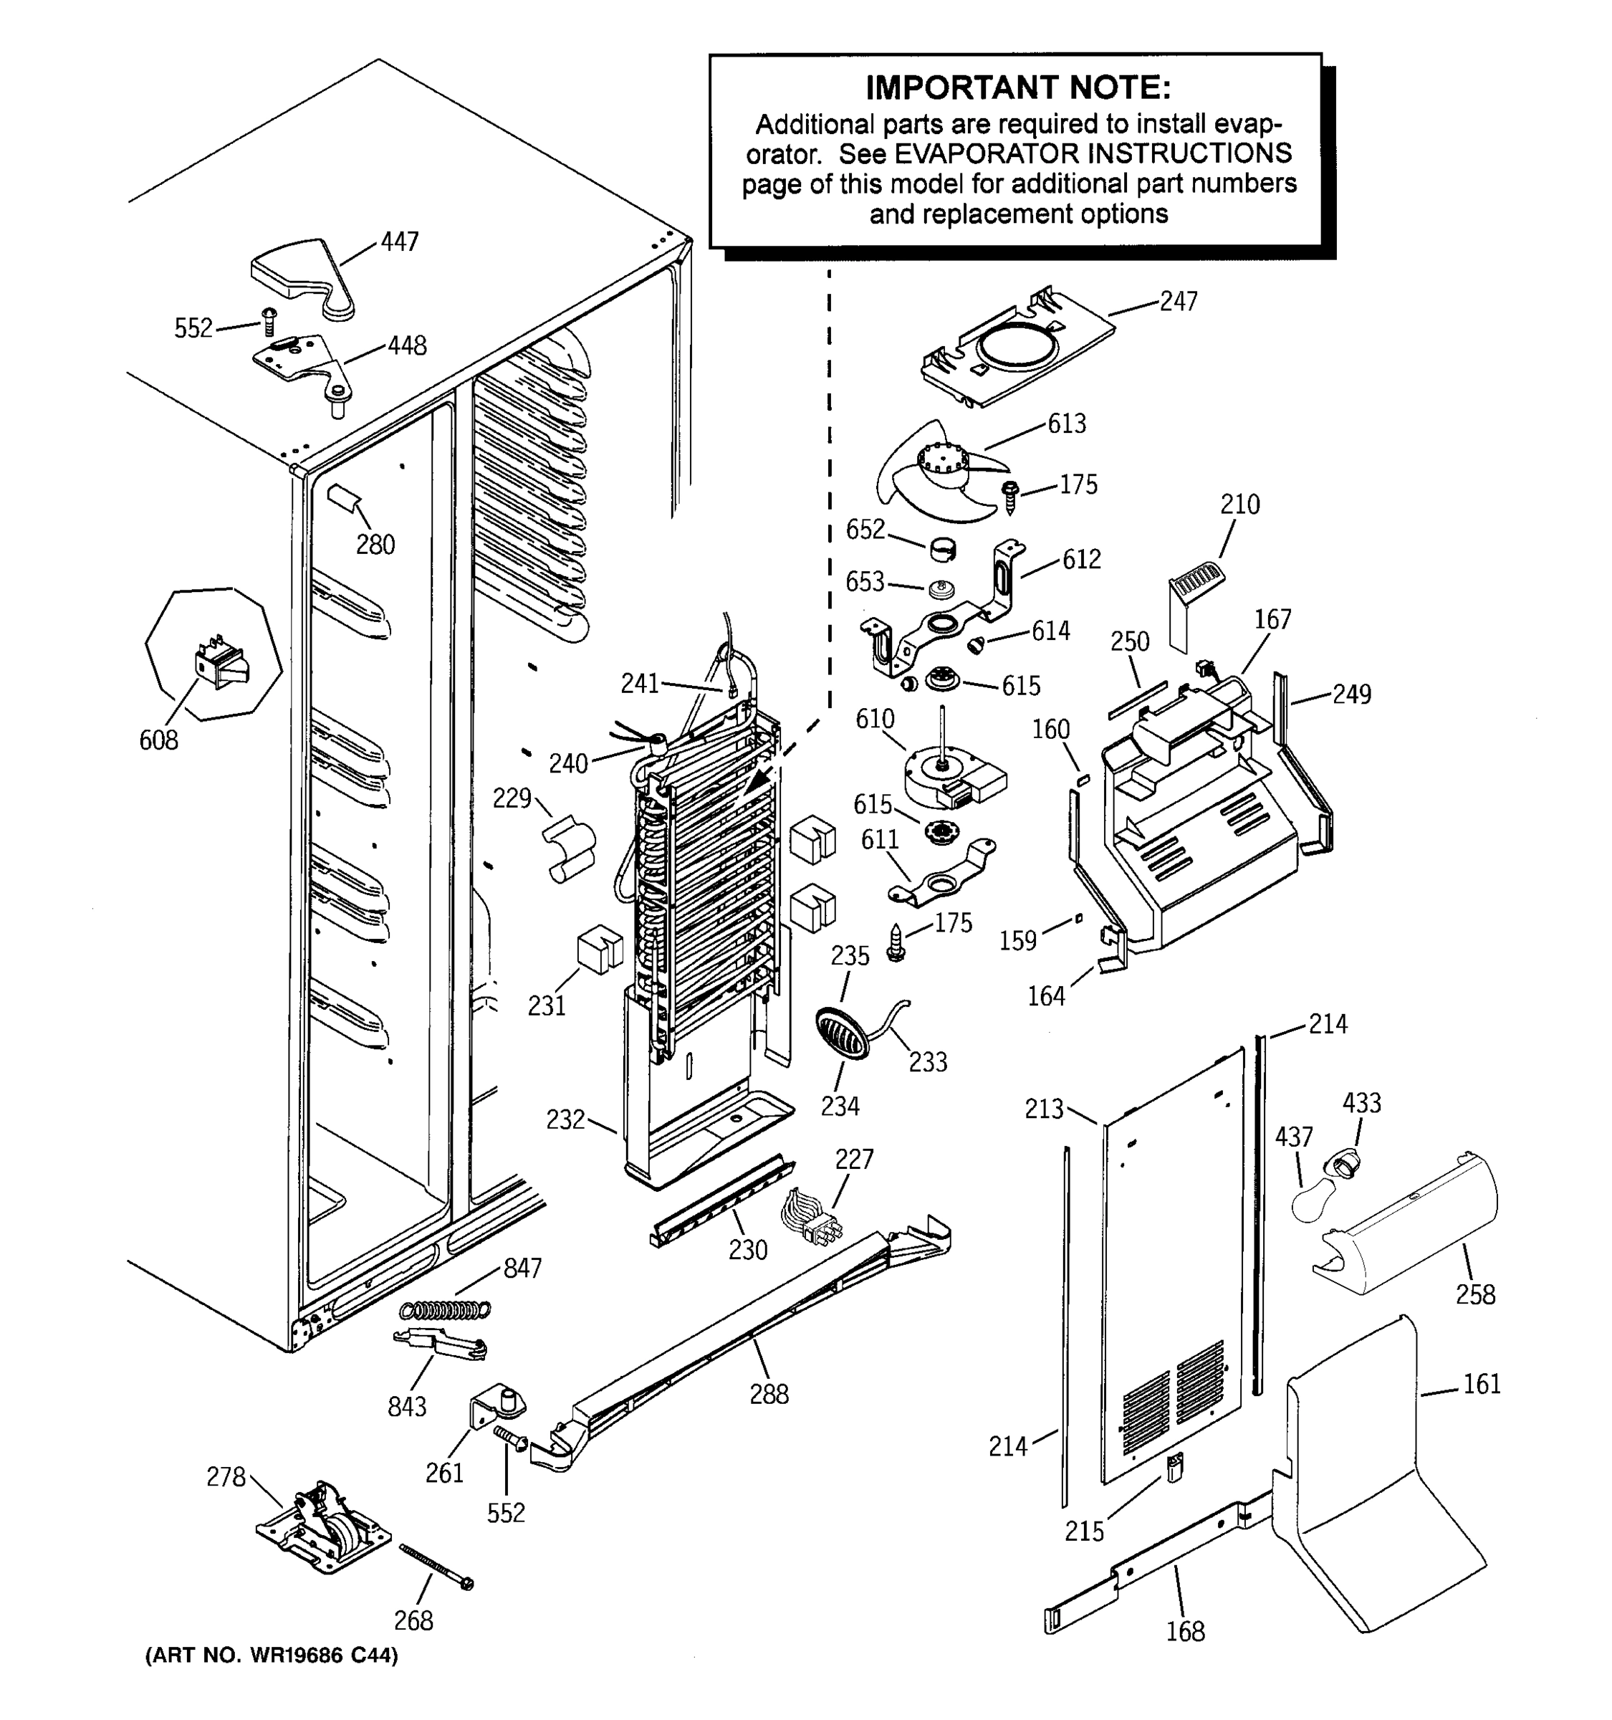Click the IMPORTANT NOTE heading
[x=1018, y=87]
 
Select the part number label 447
[x=400, y=242]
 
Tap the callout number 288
[x=768, y=1394]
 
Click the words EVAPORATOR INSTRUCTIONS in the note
[x=1093, y=154]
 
